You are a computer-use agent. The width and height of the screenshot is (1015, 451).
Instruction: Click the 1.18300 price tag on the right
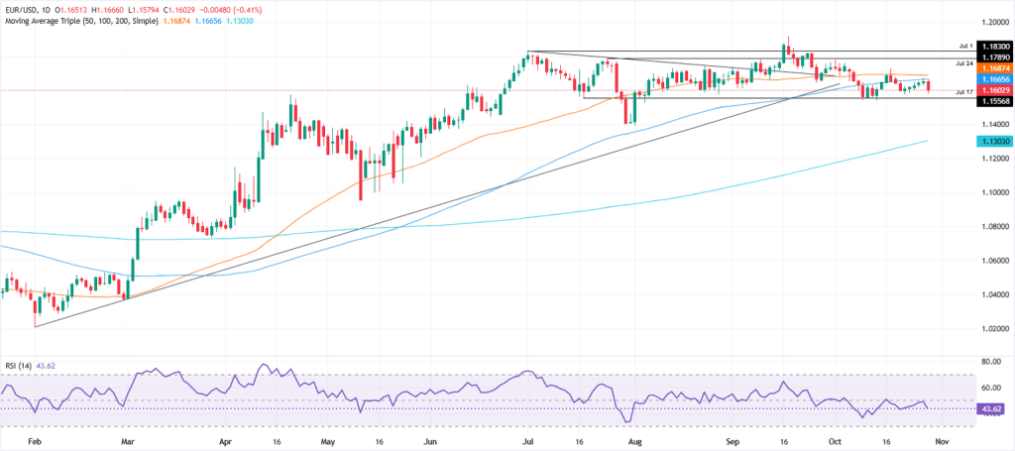(x=992, y=47)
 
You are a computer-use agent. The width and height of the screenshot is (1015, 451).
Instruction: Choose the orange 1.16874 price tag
(x=992, y=67)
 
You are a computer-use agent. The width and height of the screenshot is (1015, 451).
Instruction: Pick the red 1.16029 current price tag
(x=992, y=89)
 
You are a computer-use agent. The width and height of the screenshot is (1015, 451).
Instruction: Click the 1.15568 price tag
(x=992, y=101)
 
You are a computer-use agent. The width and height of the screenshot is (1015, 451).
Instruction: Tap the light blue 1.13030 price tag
(x=992, y=142)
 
